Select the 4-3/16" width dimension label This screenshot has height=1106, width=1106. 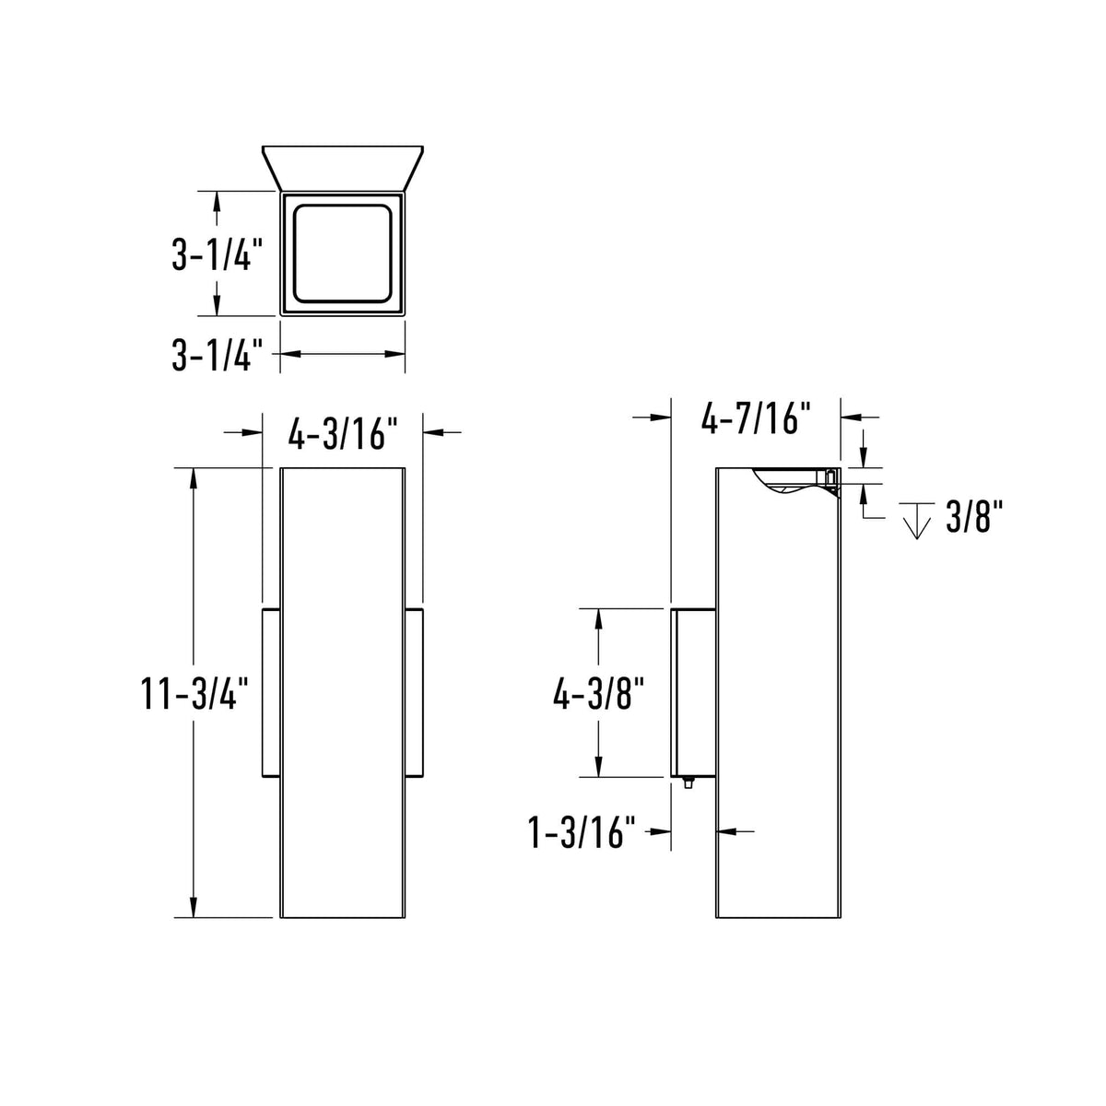tap(343, 431)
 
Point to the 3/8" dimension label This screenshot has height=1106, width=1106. tap(974, 520)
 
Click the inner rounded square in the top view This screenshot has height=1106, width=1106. tap(343, 254)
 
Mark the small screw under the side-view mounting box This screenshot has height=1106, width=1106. tap(688, 784)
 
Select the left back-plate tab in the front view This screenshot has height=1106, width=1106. tap(271, 692)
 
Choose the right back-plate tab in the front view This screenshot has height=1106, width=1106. tap(414, 692)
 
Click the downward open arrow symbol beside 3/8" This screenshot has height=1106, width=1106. tap(915, 522)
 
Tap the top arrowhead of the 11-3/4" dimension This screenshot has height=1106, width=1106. tap(193, 478)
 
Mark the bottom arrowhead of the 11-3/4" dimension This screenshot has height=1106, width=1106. tap(193, 908)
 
